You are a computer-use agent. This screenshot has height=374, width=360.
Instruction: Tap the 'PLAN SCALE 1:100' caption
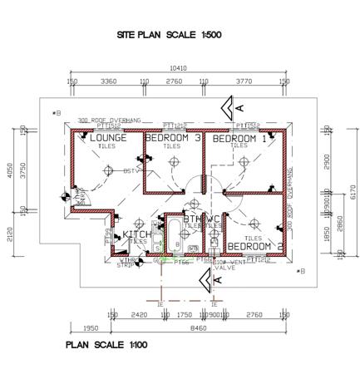click(106, 343)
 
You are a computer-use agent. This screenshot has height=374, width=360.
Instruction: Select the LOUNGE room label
click(108, 138)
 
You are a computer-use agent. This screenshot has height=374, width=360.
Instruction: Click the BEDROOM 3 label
click(173, 138)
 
